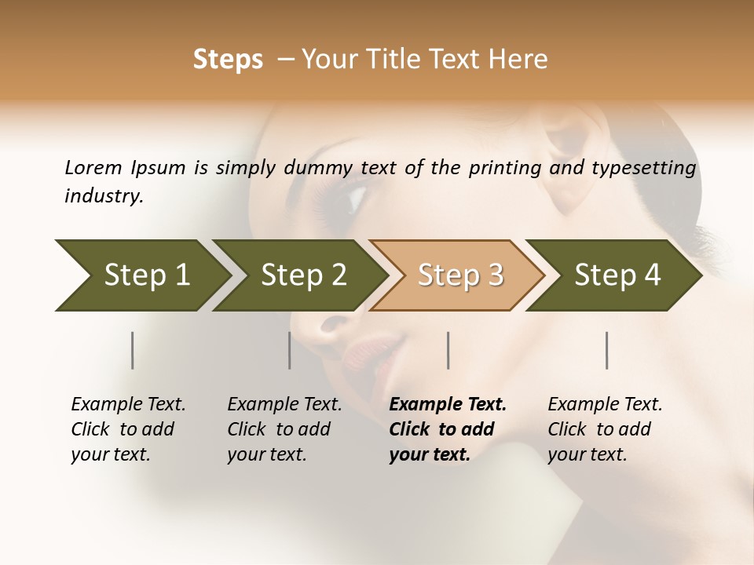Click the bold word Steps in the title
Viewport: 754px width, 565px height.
coord(228,60)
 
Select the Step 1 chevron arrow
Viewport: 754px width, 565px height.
coord(141,275)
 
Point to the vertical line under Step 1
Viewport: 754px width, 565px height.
coord(132,350)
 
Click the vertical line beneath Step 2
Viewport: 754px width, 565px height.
coord(290,350)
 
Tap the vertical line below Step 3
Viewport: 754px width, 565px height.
coord(448,350)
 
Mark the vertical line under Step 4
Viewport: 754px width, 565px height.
coord(607,350)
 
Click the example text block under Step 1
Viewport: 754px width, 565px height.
coord(127,429)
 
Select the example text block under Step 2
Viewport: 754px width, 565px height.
coord(284,429)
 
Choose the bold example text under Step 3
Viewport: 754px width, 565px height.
coord(447,429)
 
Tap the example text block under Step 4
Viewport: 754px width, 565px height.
coord(604,429)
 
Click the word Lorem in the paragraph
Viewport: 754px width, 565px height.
coord(93,168)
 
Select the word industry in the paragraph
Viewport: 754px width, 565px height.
coord(103,195)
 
